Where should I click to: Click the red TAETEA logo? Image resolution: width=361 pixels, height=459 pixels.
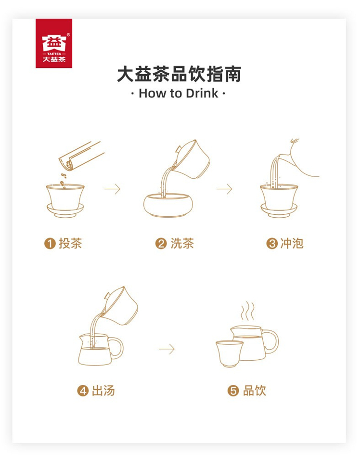click(x=54, y=43)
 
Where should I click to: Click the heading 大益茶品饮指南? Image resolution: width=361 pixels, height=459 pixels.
click(x=179, y=74)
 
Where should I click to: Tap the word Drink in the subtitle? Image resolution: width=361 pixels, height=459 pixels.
click(x=202, y=93)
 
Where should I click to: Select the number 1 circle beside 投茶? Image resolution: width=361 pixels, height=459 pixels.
click(x=50, y=244)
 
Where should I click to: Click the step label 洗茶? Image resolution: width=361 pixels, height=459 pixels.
click(x=182, y=243)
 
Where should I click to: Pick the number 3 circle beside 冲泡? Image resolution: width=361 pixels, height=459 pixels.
click(x=272, y=244)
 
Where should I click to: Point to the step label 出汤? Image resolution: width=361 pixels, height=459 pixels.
click(x=103, y=391)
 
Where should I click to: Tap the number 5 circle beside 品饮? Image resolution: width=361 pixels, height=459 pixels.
click(x=233, y=391)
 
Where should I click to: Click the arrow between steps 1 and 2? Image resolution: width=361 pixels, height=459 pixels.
click(x=113, y=189)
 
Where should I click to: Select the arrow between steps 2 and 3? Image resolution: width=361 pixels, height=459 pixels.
click(x=224, y=189)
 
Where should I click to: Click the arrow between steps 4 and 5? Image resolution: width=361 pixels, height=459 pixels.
click(x=167, y=349)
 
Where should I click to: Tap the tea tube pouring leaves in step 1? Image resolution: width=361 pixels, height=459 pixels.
click(x=81, y=156)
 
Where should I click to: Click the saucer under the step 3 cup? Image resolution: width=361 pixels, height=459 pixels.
click(x=279, y=211)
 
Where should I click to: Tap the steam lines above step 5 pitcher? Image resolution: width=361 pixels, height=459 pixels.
click(x=247, y=311)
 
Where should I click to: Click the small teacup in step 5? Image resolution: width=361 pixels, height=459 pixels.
click(x=229, y=354)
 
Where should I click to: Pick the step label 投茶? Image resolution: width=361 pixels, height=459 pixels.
click(x=70, y=243)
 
